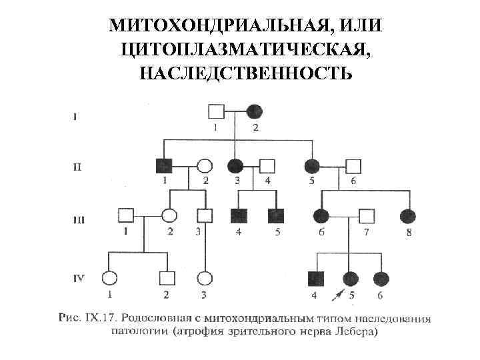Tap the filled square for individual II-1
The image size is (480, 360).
163,166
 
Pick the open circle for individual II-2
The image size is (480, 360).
205,166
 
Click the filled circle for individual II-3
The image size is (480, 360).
235,166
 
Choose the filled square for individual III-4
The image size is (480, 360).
238,216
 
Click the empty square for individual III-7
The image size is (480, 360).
366,216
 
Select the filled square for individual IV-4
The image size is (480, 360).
316,278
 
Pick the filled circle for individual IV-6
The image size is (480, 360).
381,278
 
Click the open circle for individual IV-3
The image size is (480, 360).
205,278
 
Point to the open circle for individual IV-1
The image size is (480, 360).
109,278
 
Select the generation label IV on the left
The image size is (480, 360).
78,278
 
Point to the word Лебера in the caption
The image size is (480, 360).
358,331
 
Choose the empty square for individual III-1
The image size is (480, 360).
125,216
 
